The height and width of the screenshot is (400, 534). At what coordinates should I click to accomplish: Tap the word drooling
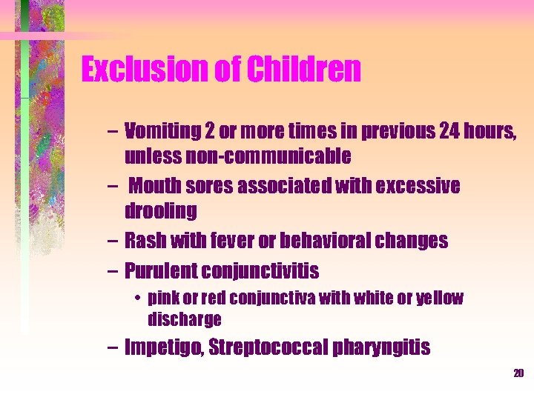coord(161,211)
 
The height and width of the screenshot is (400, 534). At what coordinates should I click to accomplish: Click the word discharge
coord(185,319)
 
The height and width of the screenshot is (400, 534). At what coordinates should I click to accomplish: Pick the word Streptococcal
coord(269,347)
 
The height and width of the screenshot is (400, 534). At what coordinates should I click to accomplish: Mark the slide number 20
coord(518,373)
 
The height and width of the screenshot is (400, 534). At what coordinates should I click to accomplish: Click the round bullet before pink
coord(138,299)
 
